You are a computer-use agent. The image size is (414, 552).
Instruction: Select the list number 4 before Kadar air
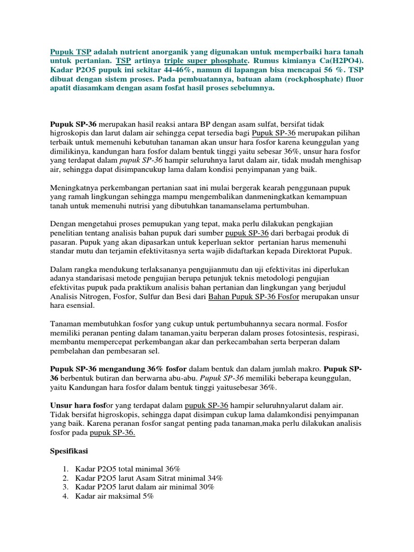point(65,496)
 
